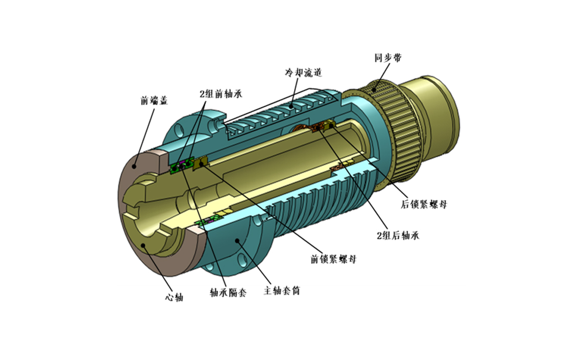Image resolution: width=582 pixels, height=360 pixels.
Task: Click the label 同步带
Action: (388, 58)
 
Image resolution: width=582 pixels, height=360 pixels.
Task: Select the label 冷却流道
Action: (303, 73)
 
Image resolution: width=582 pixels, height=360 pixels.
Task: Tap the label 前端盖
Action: (154, 101)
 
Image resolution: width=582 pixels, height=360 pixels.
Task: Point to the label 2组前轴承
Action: (221, 93)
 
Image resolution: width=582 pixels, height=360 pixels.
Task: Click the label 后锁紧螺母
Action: (424, 204)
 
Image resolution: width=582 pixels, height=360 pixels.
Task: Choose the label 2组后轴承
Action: (398, 235)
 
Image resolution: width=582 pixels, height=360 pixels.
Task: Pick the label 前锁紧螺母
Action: (333, 259)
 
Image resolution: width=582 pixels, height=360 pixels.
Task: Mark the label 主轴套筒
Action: (282, 291)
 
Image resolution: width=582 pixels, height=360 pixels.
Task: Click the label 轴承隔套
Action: (228, 293)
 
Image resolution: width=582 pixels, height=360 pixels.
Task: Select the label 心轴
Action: (174, 297)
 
